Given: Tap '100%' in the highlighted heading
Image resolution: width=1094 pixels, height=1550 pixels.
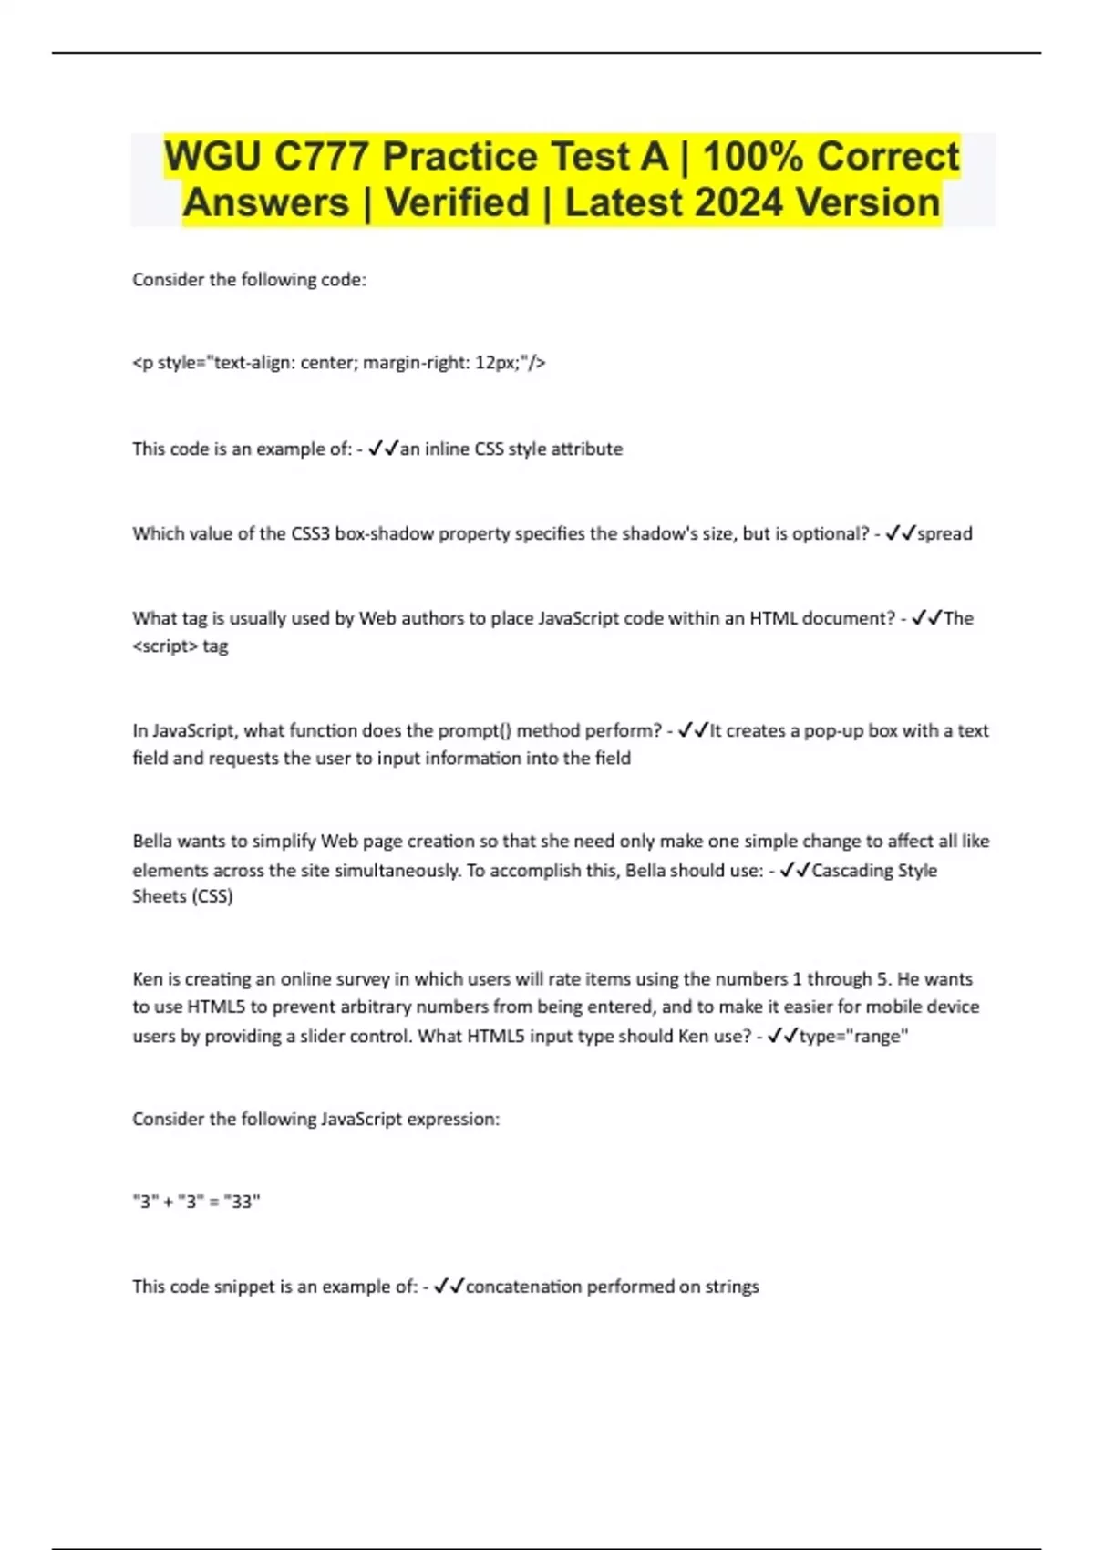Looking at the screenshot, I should coord(752,156).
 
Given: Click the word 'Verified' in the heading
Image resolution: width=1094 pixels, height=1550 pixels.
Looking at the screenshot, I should coord(457,202).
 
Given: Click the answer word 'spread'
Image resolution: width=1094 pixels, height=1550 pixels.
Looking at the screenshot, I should coord(944,533).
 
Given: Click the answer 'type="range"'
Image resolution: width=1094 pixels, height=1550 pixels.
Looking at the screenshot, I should coord(853,1036).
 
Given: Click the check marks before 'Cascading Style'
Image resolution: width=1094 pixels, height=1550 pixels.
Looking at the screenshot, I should coord(795,870).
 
